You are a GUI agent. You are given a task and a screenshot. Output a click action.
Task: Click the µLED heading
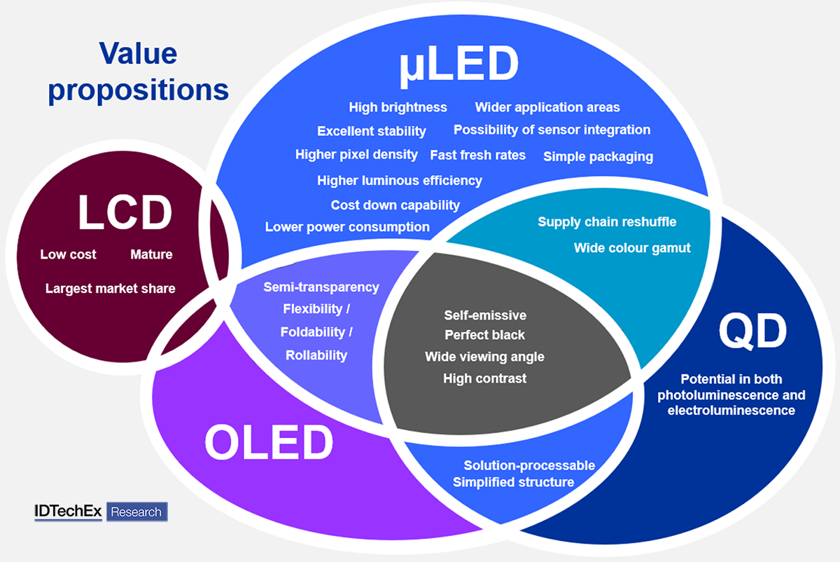pyautogui.click(x=459, y=64)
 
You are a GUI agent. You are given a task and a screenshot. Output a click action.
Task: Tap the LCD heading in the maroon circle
pyautogui.click(x=125, y=212)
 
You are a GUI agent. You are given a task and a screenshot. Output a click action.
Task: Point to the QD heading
pyautogui.click(x=752, y=332)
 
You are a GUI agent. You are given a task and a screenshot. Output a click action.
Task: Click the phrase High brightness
pyautogui.click(x=398, y=107)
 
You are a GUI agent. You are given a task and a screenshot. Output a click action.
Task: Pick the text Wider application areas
pyautogui.click(x=547, y=107)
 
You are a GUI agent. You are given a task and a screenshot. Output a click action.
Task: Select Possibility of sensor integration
pyautogui.click(x=552, y=130)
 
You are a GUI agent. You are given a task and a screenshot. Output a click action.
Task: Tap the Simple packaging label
pyautogui.click(x=598, y=156)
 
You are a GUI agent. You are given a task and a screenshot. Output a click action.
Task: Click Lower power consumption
pyautogui.click(x=347, y=227)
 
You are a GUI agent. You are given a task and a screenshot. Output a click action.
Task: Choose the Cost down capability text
pyautogui.click(x=395, y=205)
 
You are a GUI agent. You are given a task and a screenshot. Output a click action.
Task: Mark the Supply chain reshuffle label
pyautogui.click(x=607, y=222)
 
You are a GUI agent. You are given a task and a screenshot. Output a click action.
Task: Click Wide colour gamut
pyautogui.click(x=632, y=247)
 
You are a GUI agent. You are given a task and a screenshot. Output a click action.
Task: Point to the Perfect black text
pyautogui.click(x=484, y=335)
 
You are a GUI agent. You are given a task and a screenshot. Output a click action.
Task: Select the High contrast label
pyautogui.click(x=484, y=378)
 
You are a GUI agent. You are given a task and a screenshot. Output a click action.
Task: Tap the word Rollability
pyautogui.click(x=316, y=355)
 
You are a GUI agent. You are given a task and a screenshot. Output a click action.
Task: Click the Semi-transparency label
pyautogui.click(x=321, y=287)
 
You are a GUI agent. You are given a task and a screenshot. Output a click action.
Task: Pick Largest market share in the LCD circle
pyautogui.click(x=111, y=288)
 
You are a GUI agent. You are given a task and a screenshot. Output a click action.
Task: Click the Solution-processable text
pyautogui.click(x=529, y=465)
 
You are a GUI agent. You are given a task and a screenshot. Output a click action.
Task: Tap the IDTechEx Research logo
pyautogui.click(x=101, y=512)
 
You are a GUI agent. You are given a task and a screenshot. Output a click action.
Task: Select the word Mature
pyautogui.click(x=151, y=254)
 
